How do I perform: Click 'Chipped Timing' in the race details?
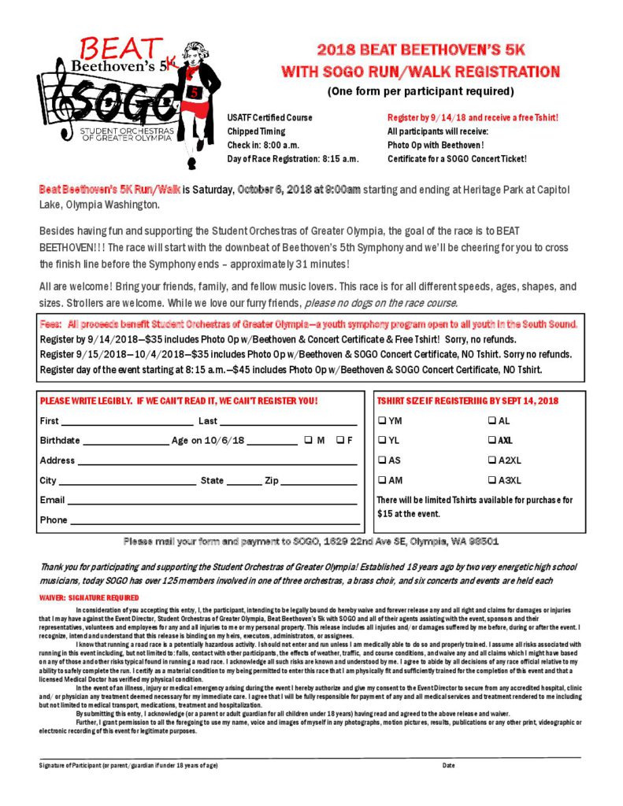tap(256, 131)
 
